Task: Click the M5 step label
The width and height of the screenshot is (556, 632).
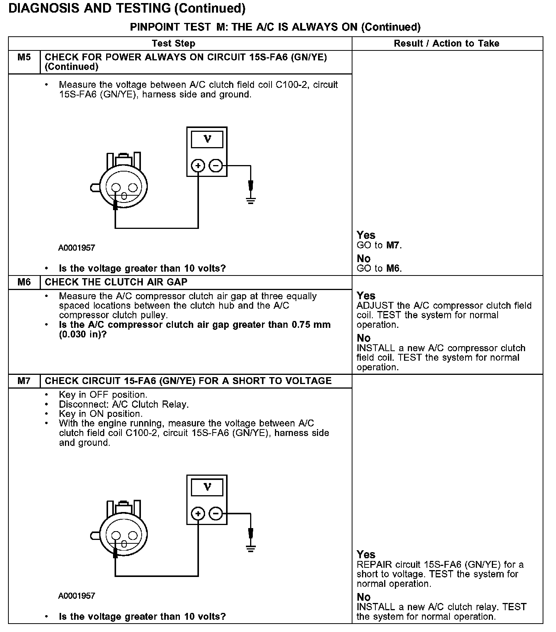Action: [24, 57]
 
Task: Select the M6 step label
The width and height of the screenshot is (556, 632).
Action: [24, 282]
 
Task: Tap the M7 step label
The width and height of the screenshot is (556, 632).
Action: [24, 381]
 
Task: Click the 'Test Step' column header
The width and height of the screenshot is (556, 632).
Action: [173, 44]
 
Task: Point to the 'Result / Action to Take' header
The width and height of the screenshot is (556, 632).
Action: [446, 44]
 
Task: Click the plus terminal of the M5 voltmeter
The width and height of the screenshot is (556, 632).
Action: [198, 166]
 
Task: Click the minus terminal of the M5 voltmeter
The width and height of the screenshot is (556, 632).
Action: [216, 166]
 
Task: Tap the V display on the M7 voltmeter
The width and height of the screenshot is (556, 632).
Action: [207, 487]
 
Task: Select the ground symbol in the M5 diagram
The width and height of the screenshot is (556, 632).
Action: [251, 200]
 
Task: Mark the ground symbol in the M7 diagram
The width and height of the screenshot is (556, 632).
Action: [251, 549]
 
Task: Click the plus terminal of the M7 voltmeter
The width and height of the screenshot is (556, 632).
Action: [198, 514]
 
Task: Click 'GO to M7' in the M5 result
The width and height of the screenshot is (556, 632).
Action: [379, 245]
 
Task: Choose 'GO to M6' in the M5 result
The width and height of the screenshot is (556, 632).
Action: [379, 269]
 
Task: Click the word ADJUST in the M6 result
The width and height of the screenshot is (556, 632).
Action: [375, 306]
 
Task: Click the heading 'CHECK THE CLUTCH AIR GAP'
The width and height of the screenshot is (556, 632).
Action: [116, 282]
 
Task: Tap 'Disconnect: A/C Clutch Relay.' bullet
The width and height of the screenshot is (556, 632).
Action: [124, 404]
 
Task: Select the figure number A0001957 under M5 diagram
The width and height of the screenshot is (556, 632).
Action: [76, 248]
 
